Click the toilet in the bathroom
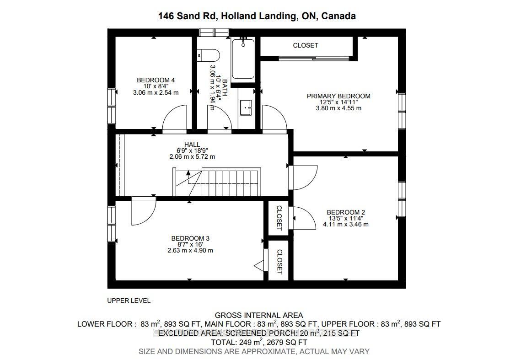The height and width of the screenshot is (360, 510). (209, 55)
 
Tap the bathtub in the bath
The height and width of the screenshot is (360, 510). (243, 59)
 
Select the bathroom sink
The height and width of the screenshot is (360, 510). (246, 108)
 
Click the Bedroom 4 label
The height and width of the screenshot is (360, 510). (156, 81)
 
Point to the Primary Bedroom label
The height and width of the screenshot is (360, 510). (338, 96)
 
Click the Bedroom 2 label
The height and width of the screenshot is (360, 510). (345, 212)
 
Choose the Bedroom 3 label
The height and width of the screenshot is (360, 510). (190, 238)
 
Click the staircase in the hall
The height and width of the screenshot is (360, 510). (224, 182)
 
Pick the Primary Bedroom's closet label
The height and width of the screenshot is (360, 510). (305, 45)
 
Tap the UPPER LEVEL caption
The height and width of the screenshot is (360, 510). (129, 301)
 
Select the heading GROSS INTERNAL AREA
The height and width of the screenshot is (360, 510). (258, 315)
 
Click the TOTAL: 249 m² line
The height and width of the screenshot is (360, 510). (258, 342)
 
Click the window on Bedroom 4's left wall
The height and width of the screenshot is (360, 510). (111, 106)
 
